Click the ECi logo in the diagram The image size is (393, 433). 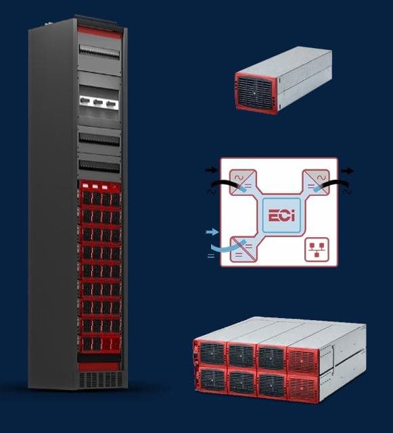click(281, 215)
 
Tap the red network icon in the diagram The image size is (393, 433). click(317, 249)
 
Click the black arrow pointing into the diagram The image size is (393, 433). click(212, 170)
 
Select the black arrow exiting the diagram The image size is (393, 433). click(347, 171)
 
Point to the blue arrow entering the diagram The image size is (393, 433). click(212, 232)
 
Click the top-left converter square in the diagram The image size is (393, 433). click(242, 182)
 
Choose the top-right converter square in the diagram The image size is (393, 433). click(317, 182)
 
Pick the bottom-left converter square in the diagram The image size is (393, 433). click(243, 249)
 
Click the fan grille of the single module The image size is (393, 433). click(255, 92)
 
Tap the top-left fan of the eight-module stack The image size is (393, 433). click(212, 353)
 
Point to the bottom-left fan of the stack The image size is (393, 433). click(212, 380)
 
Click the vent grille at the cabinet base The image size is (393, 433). click(101, 380)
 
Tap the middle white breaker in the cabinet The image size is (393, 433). click(99, 102)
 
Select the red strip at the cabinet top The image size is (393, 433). click(99, 32)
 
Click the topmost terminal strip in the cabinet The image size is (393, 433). click(99, 52)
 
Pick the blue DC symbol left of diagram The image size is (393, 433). click(211, 256)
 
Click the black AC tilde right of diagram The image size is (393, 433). click(348, 192)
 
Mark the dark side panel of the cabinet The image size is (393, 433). click(53, 205)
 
